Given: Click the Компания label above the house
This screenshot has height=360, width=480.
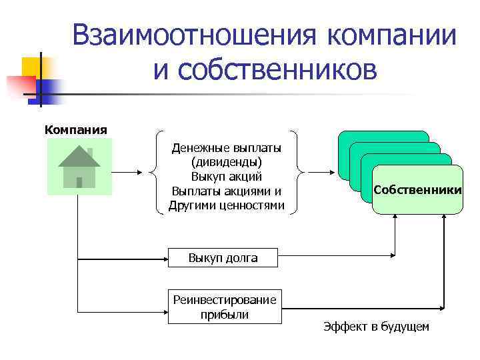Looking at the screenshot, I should (x=75, y=129).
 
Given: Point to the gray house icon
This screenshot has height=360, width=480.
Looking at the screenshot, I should (x=79, y=167).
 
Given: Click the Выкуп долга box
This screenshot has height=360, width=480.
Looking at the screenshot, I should (x=223, y=257).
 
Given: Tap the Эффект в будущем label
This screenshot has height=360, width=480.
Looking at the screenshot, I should (x=377, y=327).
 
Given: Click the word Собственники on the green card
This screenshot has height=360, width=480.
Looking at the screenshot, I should (x=417, y=190).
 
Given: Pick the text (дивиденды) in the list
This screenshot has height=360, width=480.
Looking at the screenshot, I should (x=227, y=162).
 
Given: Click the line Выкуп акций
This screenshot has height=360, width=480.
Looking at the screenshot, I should (x=227, y=177).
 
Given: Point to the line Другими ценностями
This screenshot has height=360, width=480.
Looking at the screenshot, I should (x=227, y=205).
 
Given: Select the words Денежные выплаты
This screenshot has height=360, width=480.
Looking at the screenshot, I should (x=227, y=147).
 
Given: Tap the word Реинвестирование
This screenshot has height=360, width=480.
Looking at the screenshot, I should (x=225, y=301).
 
